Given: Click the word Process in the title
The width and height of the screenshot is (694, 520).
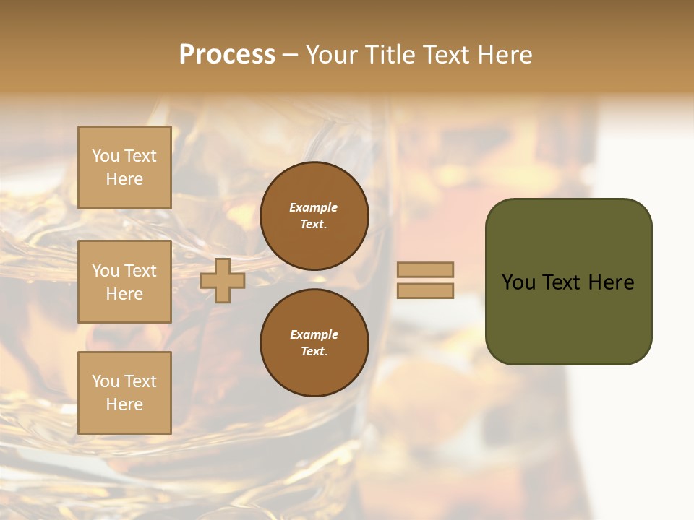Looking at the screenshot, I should [x=227, y=55].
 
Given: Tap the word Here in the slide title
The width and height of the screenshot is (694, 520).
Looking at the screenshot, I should [x=502, y=55].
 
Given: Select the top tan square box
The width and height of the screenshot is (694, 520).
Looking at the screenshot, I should [x=124, y=168].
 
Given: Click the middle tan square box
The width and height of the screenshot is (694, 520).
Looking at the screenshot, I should [x=124, y=282].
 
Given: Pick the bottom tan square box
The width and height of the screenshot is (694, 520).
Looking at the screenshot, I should [x=124, y=392].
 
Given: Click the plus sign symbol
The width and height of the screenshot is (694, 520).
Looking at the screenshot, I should [x=223, y=280].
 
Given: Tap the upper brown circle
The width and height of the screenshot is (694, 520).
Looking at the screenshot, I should [x=314, y=216].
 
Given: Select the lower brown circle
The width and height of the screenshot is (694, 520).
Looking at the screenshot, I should [x=314, y=343].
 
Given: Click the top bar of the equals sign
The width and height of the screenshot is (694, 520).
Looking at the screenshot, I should [x=426, y=269].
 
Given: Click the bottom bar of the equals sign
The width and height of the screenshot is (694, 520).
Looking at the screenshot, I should [x=426, y=290].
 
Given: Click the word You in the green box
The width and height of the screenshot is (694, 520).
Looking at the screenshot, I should [x=518, y=282].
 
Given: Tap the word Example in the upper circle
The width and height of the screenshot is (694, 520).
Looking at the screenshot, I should [x=314, y=207].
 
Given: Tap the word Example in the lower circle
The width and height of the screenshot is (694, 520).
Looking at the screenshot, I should [x=314, y=334].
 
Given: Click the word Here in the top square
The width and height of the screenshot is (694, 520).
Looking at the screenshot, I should [x=124, y=179].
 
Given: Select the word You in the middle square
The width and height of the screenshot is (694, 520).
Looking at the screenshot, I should [x=105, y=271].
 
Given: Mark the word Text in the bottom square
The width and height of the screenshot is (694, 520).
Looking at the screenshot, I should [x=140, y=381].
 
